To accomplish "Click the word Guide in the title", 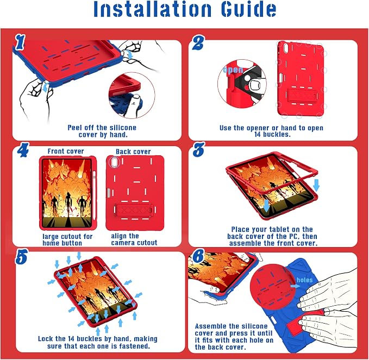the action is [248, 9].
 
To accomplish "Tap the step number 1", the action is [20, 42].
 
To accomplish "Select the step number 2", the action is [198, 43].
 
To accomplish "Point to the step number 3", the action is [198, 149].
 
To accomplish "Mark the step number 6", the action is [198, 256].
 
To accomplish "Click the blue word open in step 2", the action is [233, 70].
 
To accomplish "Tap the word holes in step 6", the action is [304, 280].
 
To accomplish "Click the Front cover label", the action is [66, 151].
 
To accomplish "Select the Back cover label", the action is [133, 151].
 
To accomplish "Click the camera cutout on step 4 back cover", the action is [115, 162].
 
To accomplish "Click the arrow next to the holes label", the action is [295, 286].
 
